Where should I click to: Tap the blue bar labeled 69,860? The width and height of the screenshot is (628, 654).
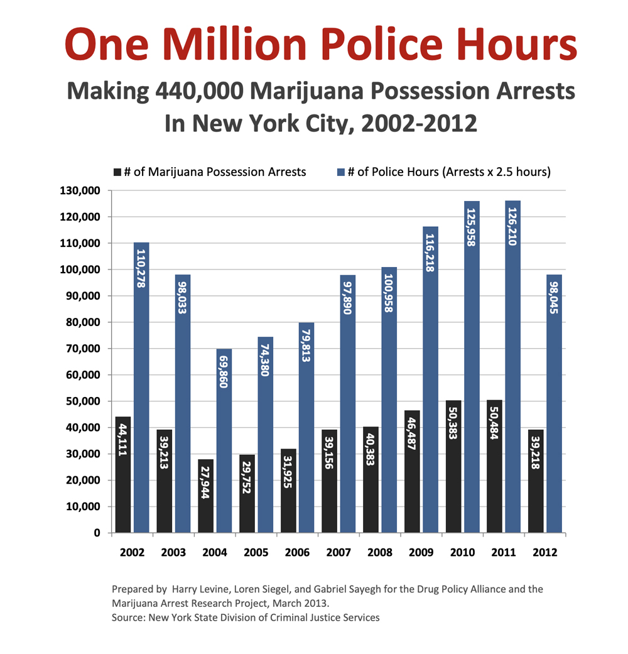tap(224, 440)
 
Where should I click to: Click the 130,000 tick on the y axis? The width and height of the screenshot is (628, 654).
tap(79, 190)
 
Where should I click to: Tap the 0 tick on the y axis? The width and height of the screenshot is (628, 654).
tap(97, 533)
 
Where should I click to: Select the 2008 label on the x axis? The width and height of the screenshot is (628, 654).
tap(379, 553)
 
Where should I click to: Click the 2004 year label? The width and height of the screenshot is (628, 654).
tap(214, 553)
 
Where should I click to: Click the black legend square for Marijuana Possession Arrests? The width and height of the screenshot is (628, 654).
tap(116, 172)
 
